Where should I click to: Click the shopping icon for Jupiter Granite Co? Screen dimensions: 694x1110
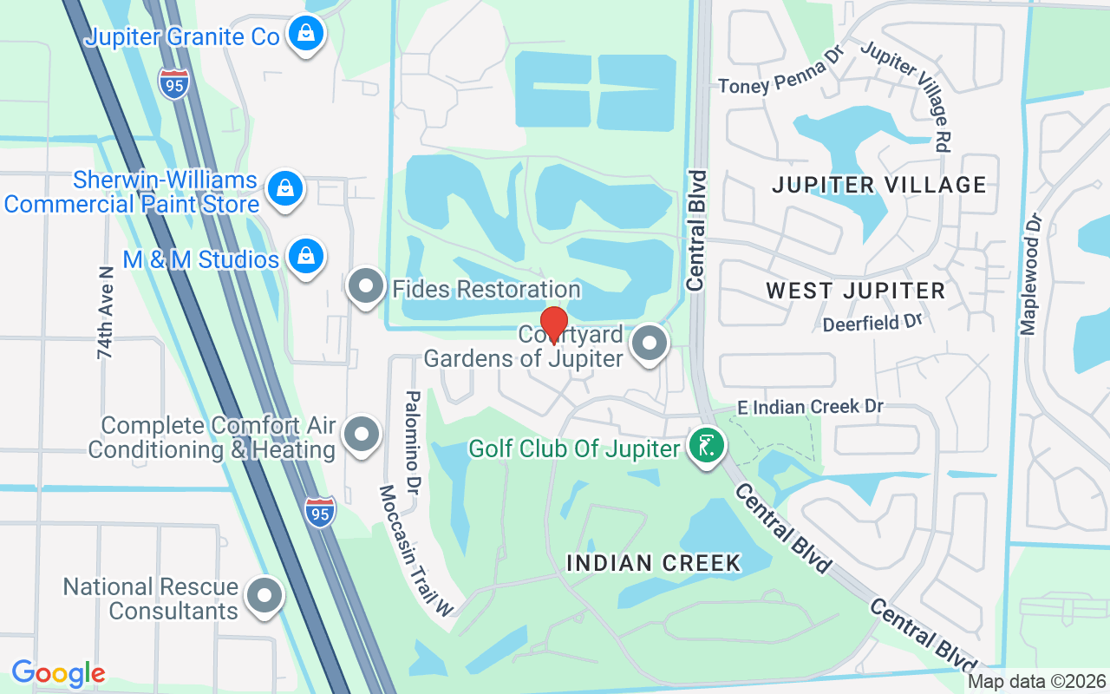pos(305,34)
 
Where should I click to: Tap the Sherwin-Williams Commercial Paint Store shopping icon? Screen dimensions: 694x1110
pos(283,187)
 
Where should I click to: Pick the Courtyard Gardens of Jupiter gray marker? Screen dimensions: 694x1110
pos(650,343)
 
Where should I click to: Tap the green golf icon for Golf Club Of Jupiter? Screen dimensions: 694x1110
pos(707,446)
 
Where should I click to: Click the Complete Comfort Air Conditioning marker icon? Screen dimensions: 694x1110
pos(362,435)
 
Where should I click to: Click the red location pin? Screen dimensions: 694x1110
pos(553,324)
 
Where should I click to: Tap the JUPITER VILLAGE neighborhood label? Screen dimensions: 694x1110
pos(878,185)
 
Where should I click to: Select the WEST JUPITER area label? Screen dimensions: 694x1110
pos(855,291)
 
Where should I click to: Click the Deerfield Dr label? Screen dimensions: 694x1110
pos(872,323)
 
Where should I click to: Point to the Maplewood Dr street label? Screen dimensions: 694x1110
pos(1031,273)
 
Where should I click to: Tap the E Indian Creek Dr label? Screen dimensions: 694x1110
pos(810,407)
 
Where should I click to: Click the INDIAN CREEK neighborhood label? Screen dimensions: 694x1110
pos(654,562)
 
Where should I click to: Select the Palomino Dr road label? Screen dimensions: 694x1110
pos(413,440)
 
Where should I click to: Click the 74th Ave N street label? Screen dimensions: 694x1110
pos(106,312)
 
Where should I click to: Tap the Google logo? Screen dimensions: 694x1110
pos(58,673)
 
